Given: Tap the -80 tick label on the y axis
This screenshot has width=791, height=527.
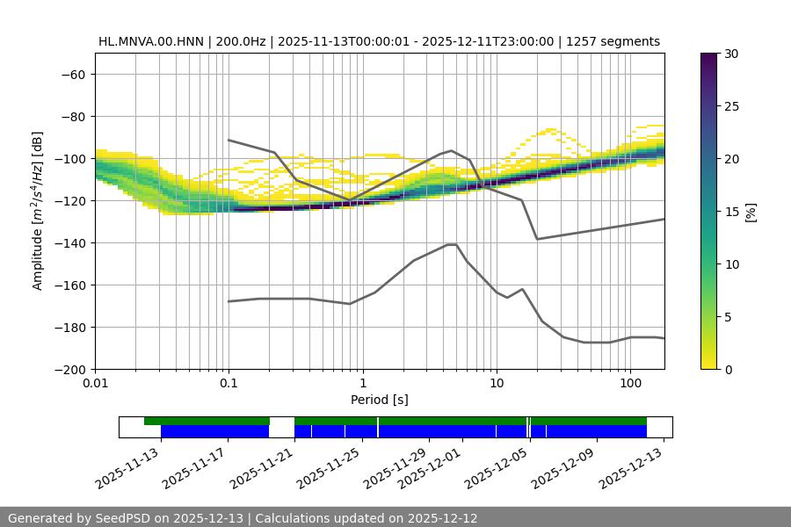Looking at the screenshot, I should click(x=72, y=116).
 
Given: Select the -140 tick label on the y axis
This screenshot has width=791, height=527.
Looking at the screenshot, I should click(x=69, y=242).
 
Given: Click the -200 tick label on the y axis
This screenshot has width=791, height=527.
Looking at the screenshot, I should click(x=69, y=369).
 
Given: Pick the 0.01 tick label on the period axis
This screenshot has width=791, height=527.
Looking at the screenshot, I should click(x=95, y=384).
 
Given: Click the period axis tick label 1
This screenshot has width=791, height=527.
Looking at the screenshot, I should click(x=362, y=384).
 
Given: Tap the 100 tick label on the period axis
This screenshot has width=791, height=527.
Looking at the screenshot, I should click(x=629, y=384).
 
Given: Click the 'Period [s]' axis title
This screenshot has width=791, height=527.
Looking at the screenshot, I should click(x=380, y=400).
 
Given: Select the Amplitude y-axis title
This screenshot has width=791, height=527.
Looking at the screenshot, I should click(x=38, y=211).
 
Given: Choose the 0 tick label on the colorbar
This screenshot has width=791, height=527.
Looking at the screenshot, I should click(x=728, y=369).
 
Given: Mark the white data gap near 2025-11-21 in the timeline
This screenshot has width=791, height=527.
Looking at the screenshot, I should click(x=281, y=427).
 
